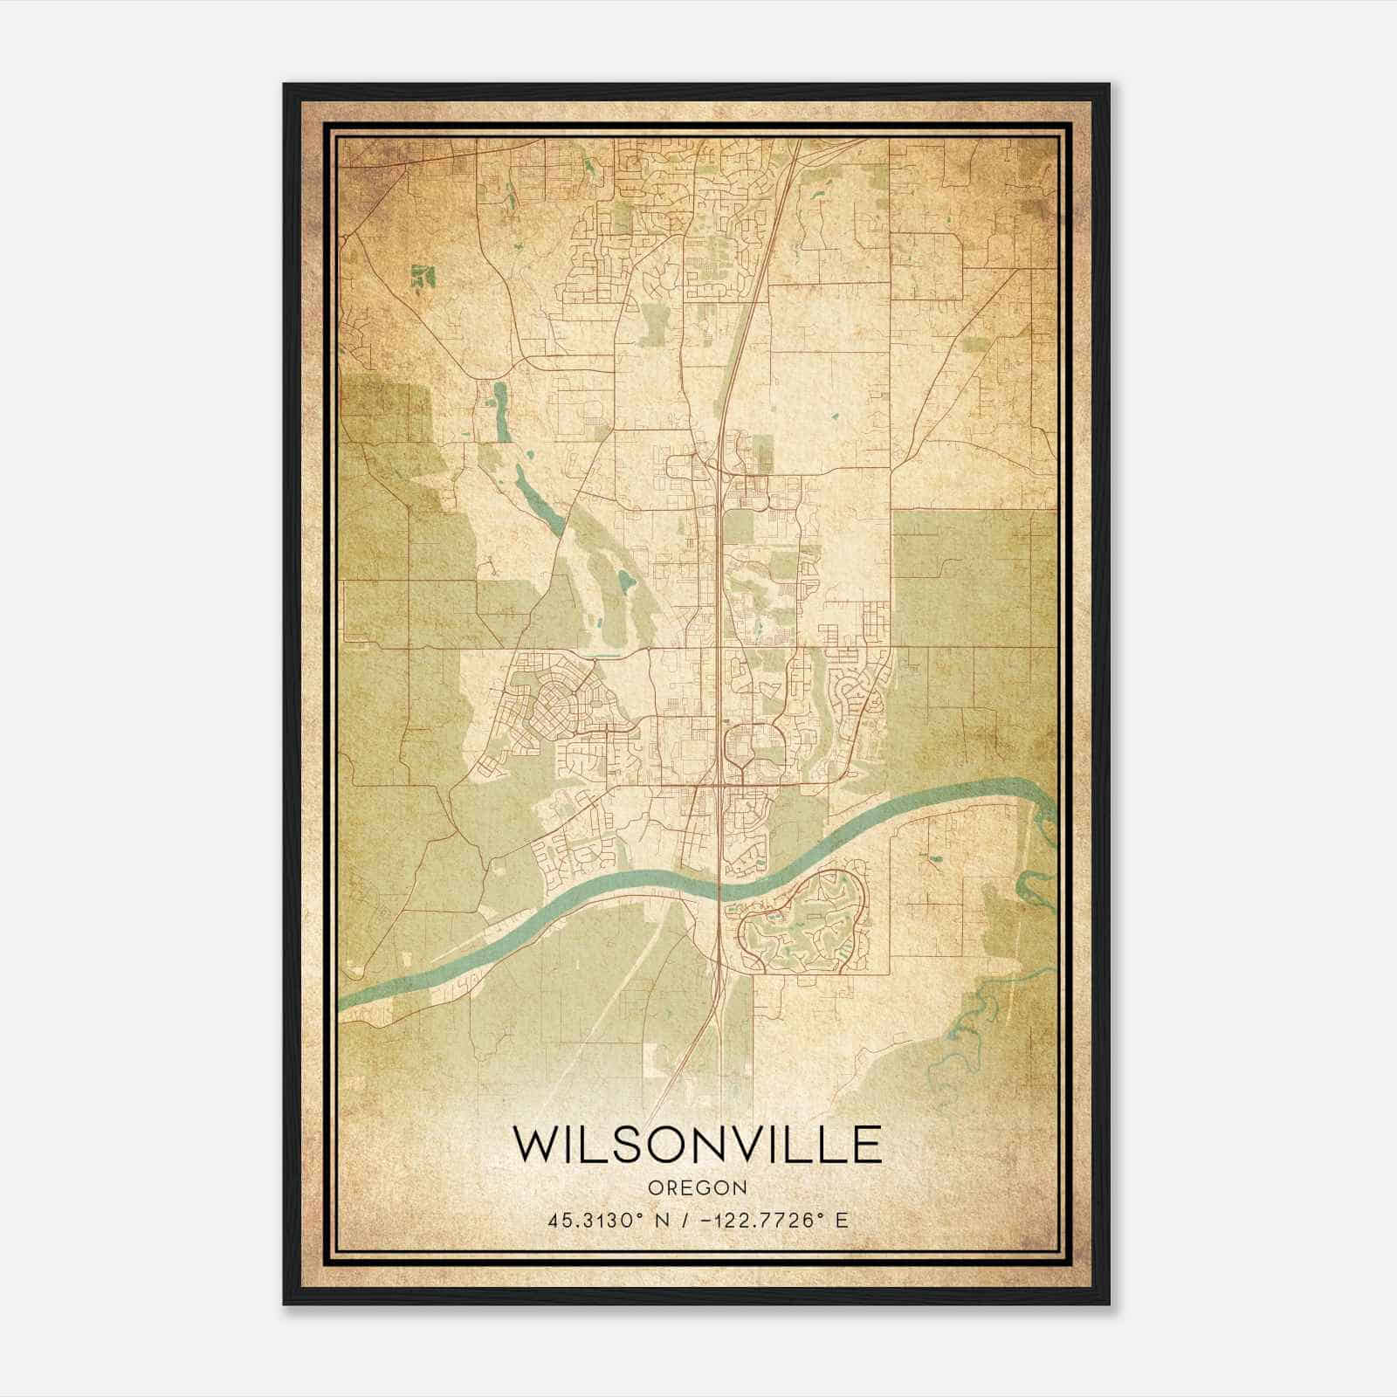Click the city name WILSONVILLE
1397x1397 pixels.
pyautogui.click(x=697, y=1145)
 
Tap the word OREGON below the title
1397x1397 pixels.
pyautogui.click(x=697, y=1187)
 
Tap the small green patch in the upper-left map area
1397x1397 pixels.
pyautogui.click(x=423, y=276)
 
